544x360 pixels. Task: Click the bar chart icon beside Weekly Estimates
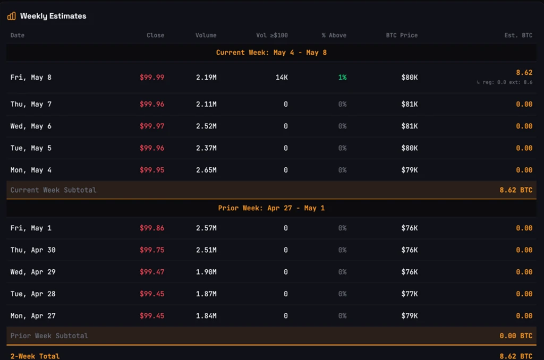(x=12, y=16)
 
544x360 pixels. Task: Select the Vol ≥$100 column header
(x=272, y=36)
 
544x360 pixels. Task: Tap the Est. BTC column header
(x=518, y=36)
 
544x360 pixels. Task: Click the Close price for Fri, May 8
(x=152, y=78)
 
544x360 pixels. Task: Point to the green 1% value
(x=343, y=78)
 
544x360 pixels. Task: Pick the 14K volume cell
(x=282, y=78)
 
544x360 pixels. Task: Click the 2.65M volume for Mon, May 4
(x=206, y=170)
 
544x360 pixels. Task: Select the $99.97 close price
(x=152, y=126)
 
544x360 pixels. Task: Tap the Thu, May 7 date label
(x=31, y=104)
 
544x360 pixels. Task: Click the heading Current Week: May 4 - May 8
(x=271, y=53)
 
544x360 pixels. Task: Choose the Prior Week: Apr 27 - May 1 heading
(x=271, y=208)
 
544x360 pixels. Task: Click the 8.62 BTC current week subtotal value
(x=516, y=190)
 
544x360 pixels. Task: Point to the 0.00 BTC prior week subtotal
(x=516, y=336)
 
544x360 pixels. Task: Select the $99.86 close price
(x=152, y=228)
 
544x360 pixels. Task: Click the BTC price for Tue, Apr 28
(x=410, y=294)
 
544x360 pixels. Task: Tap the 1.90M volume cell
(x=206, y=272)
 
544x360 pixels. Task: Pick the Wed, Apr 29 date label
(x=33, y=272)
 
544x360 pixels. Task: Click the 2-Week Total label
(x=35, y=356)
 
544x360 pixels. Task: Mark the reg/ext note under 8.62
(x=505, y=82)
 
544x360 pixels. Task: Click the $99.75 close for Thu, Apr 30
(x=152, y=250)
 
